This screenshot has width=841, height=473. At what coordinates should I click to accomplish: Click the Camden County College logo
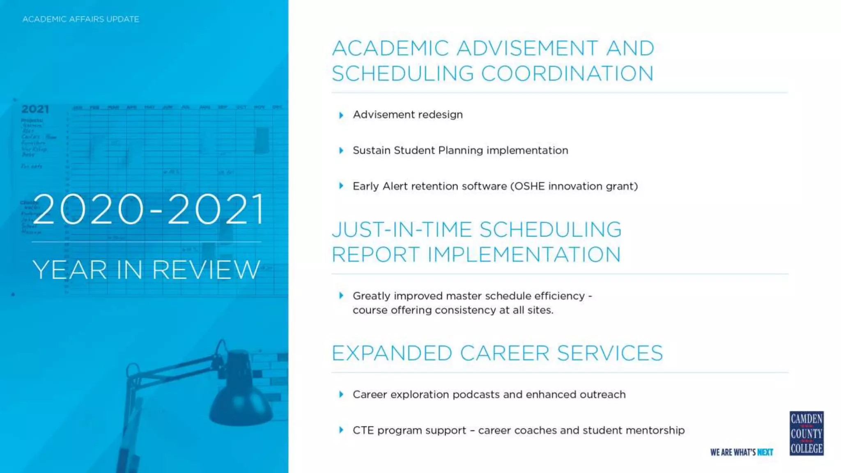tap(806, 433)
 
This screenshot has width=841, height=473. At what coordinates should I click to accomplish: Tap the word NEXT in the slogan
tap(765, 452)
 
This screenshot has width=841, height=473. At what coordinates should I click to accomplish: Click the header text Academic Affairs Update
tap(81, 19)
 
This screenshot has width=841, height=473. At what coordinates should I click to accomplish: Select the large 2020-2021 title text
tap(149, 209)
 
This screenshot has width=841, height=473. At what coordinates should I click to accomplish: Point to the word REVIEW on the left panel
tap(206, 270)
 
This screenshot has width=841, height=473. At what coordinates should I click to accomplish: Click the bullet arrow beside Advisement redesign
tap(341, 115)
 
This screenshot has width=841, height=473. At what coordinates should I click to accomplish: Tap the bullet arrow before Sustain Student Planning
tap(341, 151)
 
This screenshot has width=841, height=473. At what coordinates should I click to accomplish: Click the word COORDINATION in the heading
tap(567, 74)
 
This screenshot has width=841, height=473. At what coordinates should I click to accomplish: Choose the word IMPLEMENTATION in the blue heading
tap(524, 255)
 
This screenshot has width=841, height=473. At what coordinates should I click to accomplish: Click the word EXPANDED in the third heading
tap(392, 353)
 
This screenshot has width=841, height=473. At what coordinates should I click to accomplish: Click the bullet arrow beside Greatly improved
tap(341, 296)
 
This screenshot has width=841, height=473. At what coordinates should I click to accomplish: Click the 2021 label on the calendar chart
tap(35, 109)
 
